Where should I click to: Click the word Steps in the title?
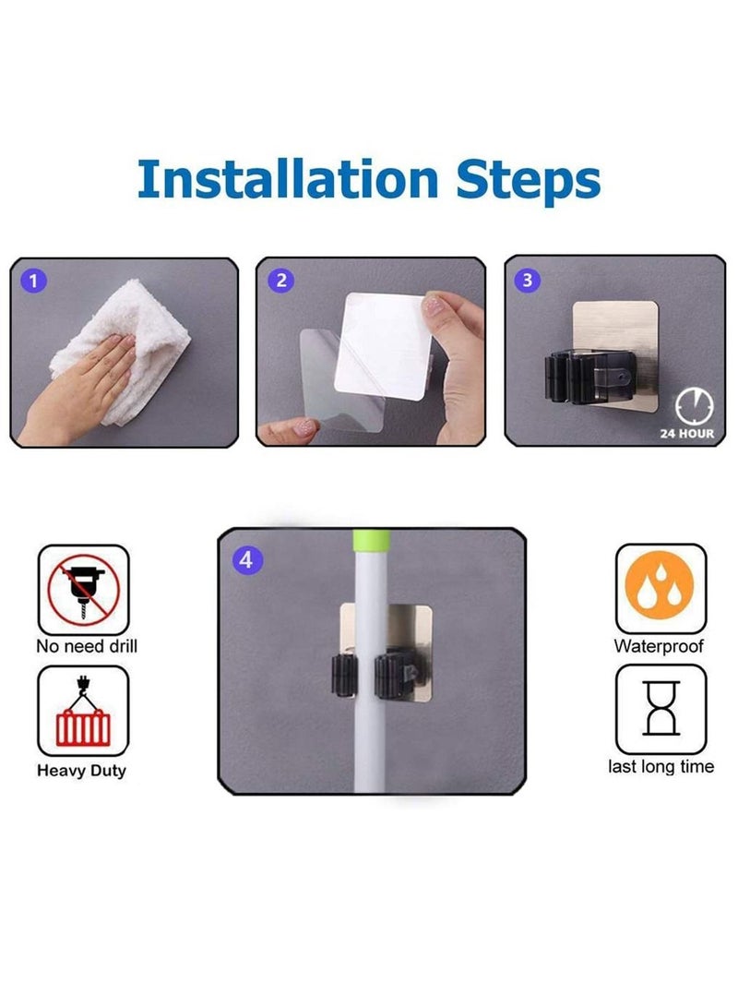point(529,182)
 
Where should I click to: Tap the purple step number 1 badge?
point(33,281)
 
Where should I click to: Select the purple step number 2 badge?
point(280,281)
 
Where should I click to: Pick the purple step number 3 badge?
point(528,280)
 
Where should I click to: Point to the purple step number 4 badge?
point(247,560)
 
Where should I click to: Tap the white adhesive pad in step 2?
point(383,346)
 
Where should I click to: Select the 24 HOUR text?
point(686,434)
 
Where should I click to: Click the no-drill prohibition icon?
point(83,590)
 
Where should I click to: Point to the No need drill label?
point(87,646)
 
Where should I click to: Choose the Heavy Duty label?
point(81,771)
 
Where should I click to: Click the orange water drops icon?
point(660,584)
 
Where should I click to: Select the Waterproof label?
point(659,646)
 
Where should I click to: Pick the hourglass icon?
point(661,708)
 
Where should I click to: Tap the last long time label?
point(661,766)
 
